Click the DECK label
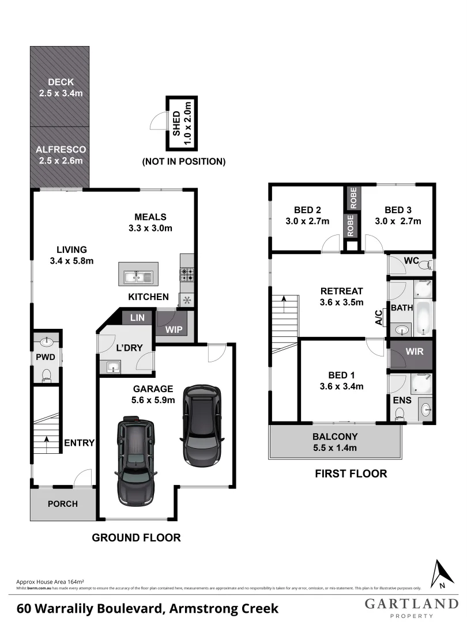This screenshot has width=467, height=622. coord(60,82)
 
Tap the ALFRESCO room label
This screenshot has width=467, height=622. coord(61,149)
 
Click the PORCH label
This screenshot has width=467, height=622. coord(62,504)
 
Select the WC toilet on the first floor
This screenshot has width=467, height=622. coord(425,264)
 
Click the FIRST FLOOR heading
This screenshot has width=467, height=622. coord(350,474)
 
